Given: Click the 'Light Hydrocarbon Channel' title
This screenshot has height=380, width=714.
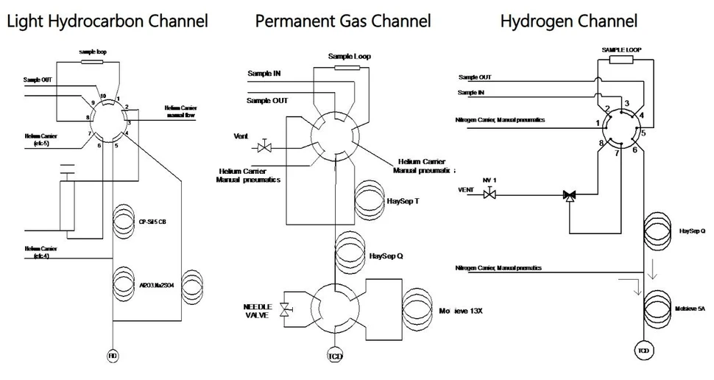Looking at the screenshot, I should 107,21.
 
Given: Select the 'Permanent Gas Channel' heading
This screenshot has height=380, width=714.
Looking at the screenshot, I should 344,21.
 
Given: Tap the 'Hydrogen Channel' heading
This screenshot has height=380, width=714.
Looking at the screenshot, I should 568,21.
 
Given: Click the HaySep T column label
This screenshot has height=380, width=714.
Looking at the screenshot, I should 403,200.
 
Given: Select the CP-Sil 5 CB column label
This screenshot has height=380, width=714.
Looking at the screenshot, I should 154,221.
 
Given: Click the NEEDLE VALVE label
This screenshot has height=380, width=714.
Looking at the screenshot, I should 259,310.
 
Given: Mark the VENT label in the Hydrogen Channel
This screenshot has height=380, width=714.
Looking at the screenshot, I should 466,189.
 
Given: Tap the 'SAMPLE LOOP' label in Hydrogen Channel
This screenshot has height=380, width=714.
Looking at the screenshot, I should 623,49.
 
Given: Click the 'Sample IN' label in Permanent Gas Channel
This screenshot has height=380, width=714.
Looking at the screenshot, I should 264,74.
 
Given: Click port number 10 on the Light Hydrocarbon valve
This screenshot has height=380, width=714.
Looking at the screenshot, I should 103,96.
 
